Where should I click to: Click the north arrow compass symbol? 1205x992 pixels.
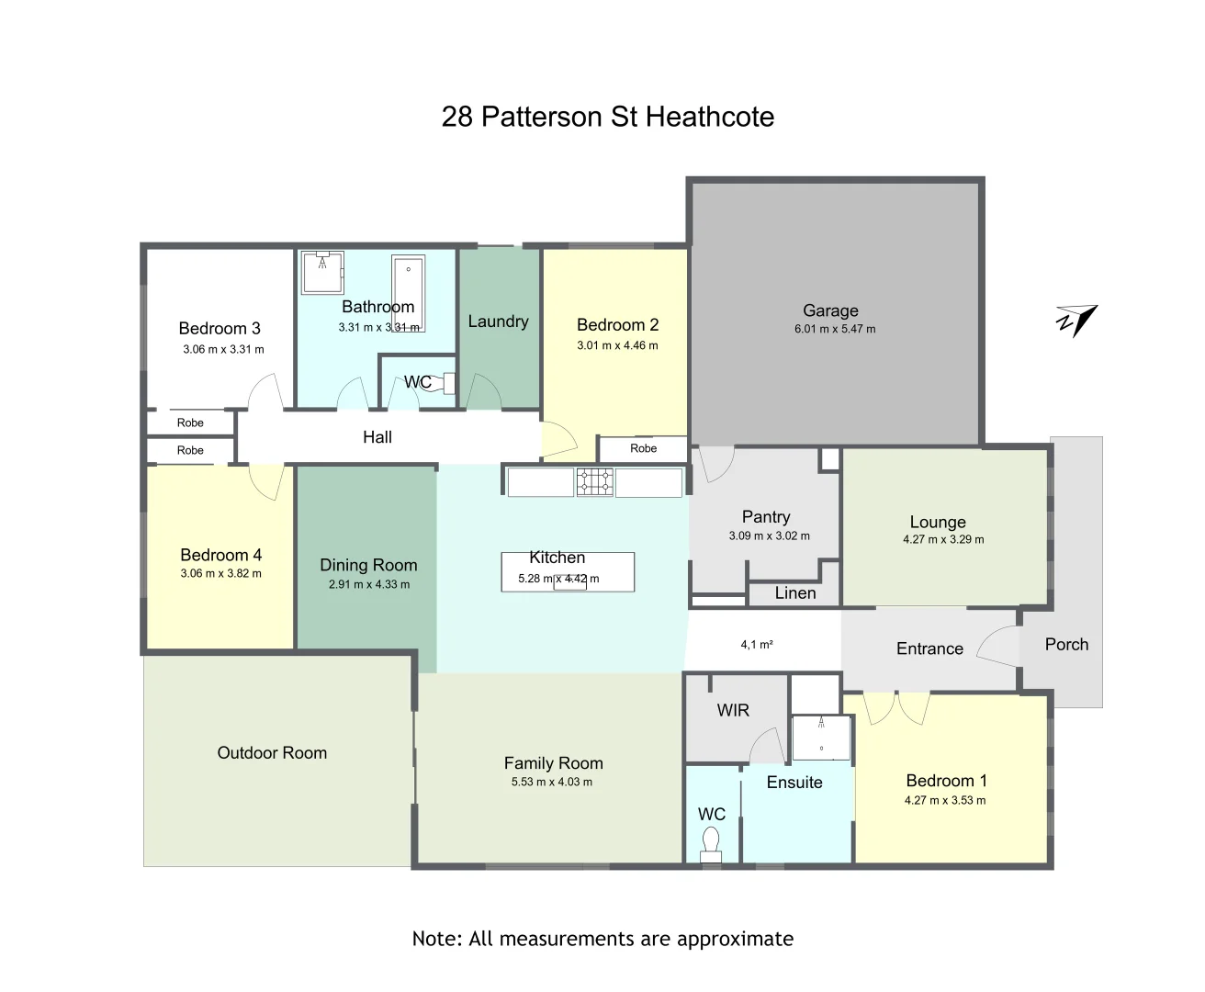pyautogui.click(x=1076, y=320)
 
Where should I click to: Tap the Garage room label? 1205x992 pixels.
pyautogui.click(x=830, y=310)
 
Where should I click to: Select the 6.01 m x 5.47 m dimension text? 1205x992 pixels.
pyautogui.click(x=835, y=329)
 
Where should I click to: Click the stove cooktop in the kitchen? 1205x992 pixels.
pyautogui.click(x=594, y=481)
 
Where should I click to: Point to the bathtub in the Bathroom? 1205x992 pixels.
pyautogui.click(x=408, y=292)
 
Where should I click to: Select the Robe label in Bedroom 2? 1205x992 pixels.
pyautogui.click(x=643, y=448)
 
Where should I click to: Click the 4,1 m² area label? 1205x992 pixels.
pyautogui.click(x=757, y=645)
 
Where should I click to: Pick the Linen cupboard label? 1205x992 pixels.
pyautogui.click(x=794, y=593)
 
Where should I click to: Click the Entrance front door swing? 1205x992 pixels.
pyautogui.click(x=997, y=647)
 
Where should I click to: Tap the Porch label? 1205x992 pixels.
pyautogui.click(x=1066, y=644)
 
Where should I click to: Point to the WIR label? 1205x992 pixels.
pyautogui.click(x=733, y=710)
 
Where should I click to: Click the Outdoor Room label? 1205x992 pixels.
pyautogui.click(x=272, y=752)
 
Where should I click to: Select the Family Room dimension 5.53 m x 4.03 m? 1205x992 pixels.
pyautogui.click(x=552, y=783)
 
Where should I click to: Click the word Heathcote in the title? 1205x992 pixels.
pyautogui.click(x=710, y=117)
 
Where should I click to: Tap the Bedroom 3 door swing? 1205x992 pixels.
pyautogui.click(x=264, y=393)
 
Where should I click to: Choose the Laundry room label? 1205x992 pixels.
pyautogui.click(x=498, y=321)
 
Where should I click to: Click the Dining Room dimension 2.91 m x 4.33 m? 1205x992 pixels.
pyautogui.click(x=368, y=584)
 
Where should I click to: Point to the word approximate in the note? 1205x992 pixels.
pyautogui.click(x=735, y=939)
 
